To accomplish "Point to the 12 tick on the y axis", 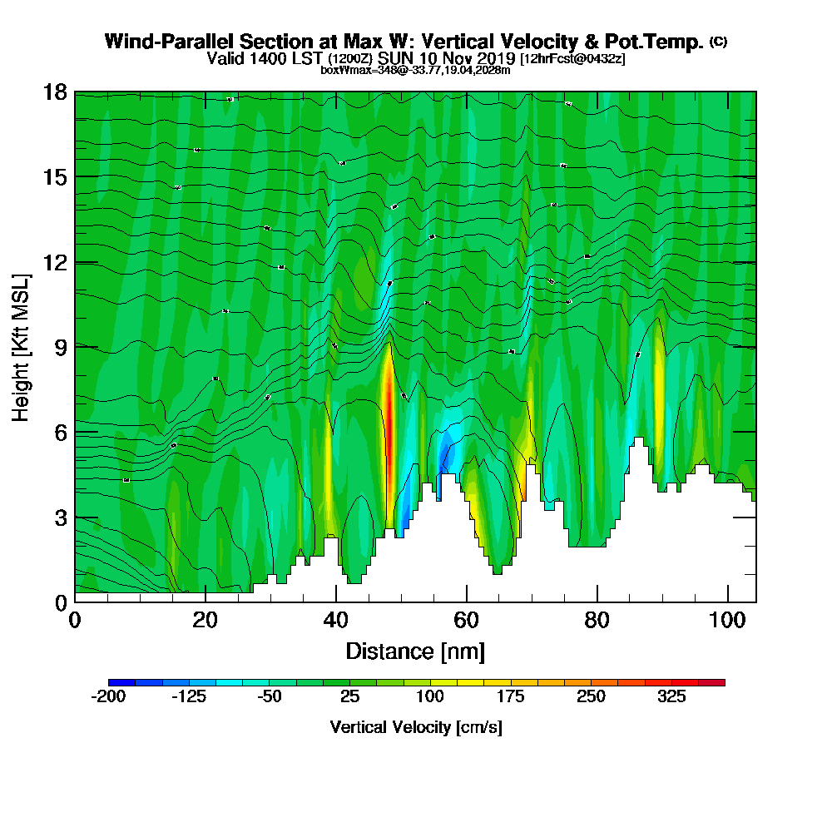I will (75, 262).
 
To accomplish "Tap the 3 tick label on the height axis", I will (59, 518).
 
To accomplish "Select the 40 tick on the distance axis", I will (336, 602).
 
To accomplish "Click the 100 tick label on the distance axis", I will (728, 621).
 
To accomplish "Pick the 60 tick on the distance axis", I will (467, 602).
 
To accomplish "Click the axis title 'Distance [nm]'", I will (415, 651).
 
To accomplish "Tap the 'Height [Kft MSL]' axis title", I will (22, 347).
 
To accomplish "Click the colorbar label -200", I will (107, 696).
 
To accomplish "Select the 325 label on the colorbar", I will (671, 696).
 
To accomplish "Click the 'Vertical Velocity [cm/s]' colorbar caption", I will (416, 727).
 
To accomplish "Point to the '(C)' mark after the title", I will (718, 42).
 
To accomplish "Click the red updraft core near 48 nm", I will (389, 399).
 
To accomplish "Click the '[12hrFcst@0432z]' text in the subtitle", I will (572, 59).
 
